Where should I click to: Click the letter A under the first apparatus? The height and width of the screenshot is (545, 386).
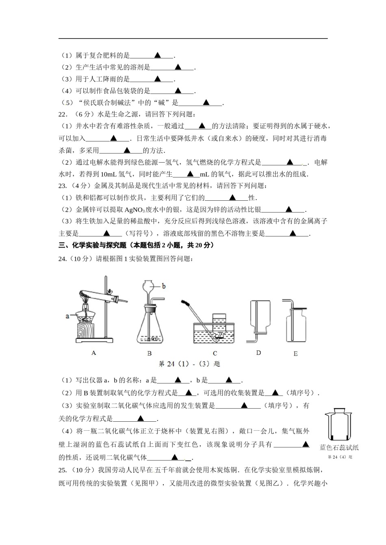click(x=94, y=353)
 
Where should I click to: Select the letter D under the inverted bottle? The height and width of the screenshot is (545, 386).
click(x=258, y=353)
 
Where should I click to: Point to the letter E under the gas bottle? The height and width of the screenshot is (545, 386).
click(x=295, y=354)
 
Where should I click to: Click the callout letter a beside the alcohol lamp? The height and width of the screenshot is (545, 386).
click(x=67, y=315)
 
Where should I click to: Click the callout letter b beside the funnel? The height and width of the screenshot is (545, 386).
click(x=164, y=286)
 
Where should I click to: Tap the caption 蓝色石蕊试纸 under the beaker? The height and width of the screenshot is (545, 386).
click(x=339, y=448)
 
